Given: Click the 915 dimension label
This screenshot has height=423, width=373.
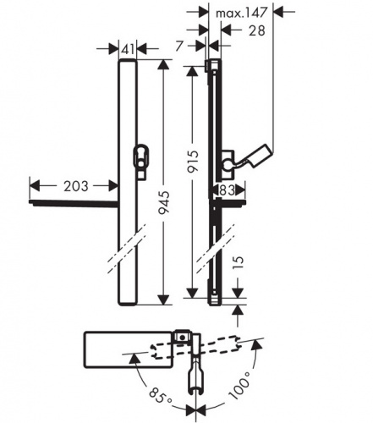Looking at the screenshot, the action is pos(194,162).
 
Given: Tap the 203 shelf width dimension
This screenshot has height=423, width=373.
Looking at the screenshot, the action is pos(75,186).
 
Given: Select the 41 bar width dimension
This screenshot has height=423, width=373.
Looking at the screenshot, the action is pos(128,50).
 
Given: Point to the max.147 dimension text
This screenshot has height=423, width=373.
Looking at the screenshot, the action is pos(241,13).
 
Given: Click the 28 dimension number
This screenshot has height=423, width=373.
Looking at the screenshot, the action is pos(256,30).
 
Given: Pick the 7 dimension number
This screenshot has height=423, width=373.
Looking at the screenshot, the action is pos(179,47).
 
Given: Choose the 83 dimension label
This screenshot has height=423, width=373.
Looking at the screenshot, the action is pos(228,190).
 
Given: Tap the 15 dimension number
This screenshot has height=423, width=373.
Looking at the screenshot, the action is pos(239,263).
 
